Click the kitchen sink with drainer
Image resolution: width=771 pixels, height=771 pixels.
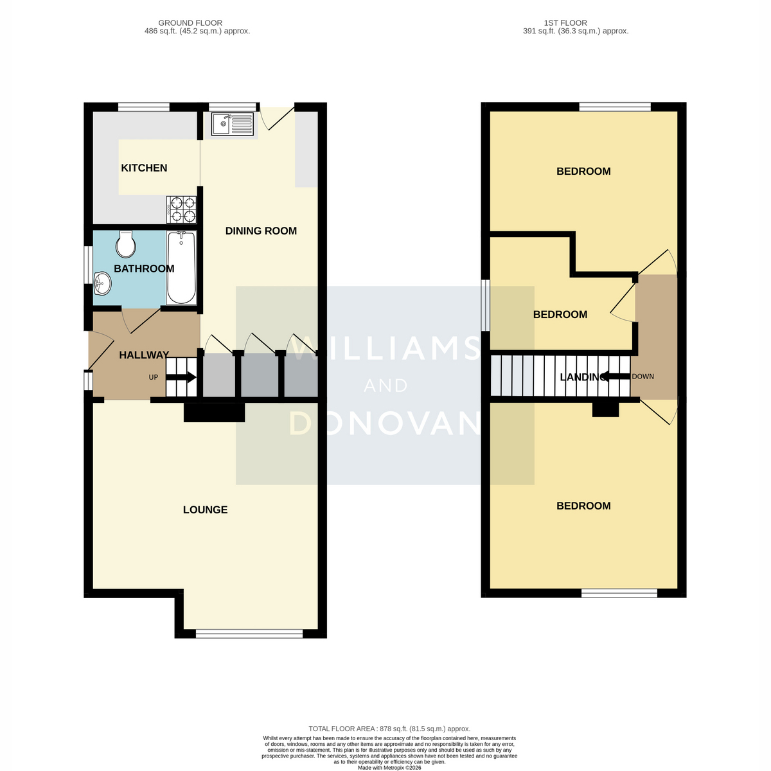(x=233, y=124)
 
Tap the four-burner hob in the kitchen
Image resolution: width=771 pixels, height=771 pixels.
(x=182, y=209)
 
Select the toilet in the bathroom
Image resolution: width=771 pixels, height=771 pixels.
(x=126, y=244)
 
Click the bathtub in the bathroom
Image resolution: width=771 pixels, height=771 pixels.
(x=181, y=268)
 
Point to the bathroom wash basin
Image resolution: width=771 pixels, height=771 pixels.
(x=102, y=283)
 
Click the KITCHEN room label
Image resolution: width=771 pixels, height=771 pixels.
(x=144, y=168)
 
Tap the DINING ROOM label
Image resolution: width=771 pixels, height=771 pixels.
(x=261, y=231)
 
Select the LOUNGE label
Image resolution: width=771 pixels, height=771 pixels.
(x=205, y=510)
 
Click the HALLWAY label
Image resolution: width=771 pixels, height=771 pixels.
(x=144, y=355)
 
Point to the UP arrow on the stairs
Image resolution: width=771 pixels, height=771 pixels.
(x=181, y=377)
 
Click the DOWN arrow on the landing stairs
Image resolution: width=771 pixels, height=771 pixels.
(x=616, y=376)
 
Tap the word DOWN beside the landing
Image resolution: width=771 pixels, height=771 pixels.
(x=642, y=377)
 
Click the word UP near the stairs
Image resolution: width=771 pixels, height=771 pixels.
(x=154, y=377)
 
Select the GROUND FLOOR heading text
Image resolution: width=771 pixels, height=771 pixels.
(x=190, y=23)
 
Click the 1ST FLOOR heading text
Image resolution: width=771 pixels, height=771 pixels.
(x=565, y=23)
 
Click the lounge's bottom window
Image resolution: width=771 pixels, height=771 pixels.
(x=249, y=633)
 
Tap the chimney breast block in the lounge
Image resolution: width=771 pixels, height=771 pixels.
(x=214, y=412)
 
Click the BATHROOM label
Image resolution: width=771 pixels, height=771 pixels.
(x=144, y=269)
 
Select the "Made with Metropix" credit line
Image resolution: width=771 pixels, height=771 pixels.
(x=389, y=768)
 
